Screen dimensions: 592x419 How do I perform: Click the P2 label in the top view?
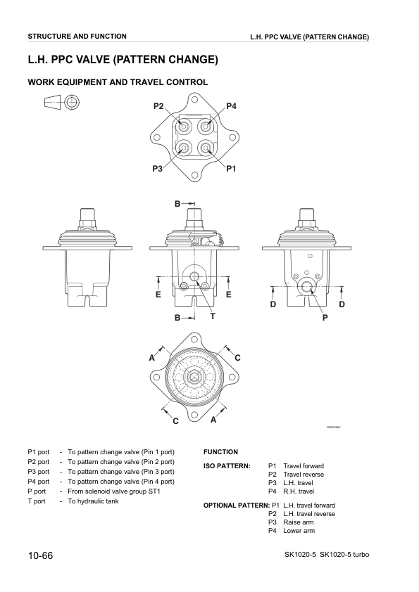click(x=158, y=106)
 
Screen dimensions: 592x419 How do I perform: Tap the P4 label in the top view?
click(x=231, y=106)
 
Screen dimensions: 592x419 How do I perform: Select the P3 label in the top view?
click(x=157, y=169)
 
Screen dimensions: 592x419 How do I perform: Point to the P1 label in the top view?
click(x=231, y=169)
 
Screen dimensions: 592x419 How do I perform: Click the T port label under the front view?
click(x=212, y=317)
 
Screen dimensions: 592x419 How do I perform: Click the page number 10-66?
click(x=41, y=556)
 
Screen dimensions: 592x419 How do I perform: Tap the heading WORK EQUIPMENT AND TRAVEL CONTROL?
click(x=117, y=82)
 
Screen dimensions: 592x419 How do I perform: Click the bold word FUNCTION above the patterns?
click(x=220, y=452)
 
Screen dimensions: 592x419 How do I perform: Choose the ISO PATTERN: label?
click(x=227, y=465)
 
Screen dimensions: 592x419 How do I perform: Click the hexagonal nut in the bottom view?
click(x=193, y=378)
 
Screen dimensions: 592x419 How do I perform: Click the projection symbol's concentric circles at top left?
click(x=70, y=102)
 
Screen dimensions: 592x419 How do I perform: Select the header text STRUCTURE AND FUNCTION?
click(x=77, y=36)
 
